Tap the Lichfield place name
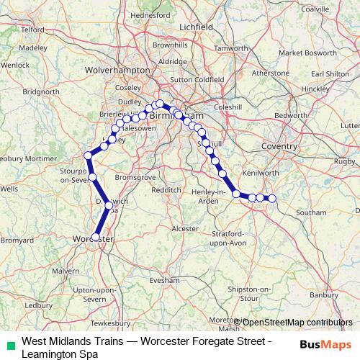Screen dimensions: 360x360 [x=198, y=26]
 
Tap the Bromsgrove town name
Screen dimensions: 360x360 [x=137, y=176]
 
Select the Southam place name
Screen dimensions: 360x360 [x=310, y=212]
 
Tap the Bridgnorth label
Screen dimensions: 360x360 [x=41, y=91]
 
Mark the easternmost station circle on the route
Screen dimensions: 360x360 [x=271, y=198]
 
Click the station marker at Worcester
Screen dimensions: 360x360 [x=95, y=236]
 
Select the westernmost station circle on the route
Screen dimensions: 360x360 [x=88, y=156]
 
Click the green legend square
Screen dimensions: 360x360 [x=9, y=345]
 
